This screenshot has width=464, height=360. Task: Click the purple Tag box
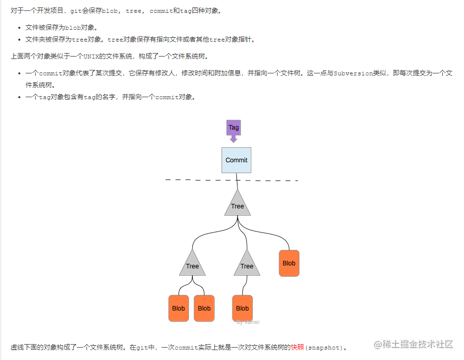coord(233,127)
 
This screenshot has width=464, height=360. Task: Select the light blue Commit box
coord(236,160)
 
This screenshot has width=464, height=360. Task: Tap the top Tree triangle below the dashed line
coord(237,204)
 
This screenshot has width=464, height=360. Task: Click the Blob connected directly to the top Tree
coord(289,263)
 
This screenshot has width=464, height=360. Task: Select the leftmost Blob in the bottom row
coord(178,308)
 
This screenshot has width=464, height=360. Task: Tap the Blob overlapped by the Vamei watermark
coord(242,308)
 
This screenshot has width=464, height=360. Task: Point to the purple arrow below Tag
coord(233,139)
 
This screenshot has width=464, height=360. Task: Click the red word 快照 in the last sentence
coord(297,347)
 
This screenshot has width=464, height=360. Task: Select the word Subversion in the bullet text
coord(353,73)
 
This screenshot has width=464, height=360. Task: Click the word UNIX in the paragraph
coord(91,56)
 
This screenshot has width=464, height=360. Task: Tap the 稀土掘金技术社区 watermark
coord(413,344)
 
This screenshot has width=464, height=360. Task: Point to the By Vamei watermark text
coord(248,322)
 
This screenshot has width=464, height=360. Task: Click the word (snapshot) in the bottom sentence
coord(324,348)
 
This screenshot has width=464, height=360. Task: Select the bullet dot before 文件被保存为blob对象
coord(19,28)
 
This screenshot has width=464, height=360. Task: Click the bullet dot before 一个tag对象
coord(19,97)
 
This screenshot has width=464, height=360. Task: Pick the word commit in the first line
coord(161,11)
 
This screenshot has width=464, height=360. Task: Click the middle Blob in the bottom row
coord(204,308)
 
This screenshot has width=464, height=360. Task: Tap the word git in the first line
coord(76,11)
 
